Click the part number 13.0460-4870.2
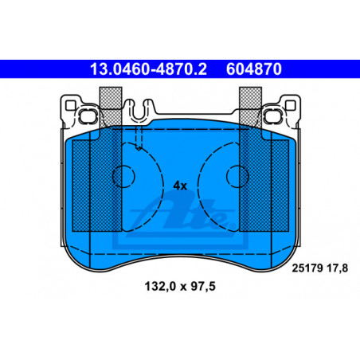(x=148, y=69)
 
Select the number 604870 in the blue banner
(x=254, y=69)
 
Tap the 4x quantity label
(x=180, y=186)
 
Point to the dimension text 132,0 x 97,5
(x=180, y=287)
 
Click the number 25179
(x=307, y=268)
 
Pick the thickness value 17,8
(x=337, y=268)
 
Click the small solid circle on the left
(x=123, y=176)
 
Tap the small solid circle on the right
(x=237, y=176)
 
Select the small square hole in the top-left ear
(x=70, y=105)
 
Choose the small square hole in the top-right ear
(x=290, y=105)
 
